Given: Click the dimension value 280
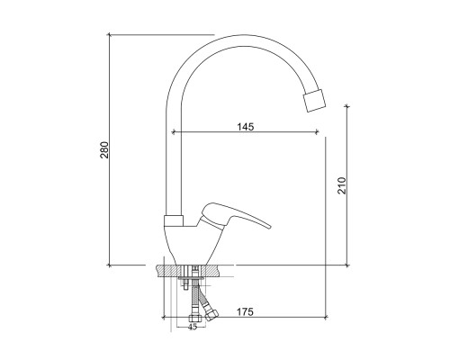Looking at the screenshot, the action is click(104, 149).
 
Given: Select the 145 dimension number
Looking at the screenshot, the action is click(246, 127).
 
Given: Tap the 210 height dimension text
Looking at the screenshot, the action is click(342, 185).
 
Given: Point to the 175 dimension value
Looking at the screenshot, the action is click(245, 312).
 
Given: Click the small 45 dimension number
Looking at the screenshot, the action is click(193, 327).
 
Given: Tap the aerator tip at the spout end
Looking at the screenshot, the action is click(314, 100).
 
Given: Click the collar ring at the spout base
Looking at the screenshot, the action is click(174, 220).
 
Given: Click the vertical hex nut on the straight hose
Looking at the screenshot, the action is click(192, 319).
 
